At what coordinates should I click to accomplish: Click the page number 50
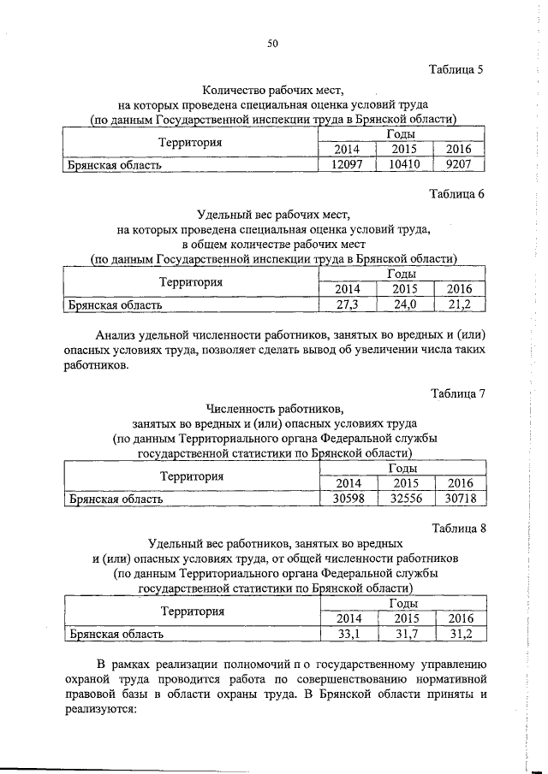(x=273, y=44)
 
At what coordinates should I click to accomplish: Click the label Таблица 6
(x=456, y=194)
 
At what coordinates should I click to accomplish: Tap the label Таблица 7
(x=457, y=393)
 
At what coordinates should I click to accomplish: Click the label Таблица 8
(x=457, y=528)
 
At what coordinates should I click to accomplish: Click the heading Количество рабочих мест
(x=273, y=89)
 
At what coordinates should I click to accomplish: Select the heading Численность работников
(x=273, y=408)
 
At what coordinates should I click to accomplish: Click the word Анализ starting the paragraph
(x=119, y=335)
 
